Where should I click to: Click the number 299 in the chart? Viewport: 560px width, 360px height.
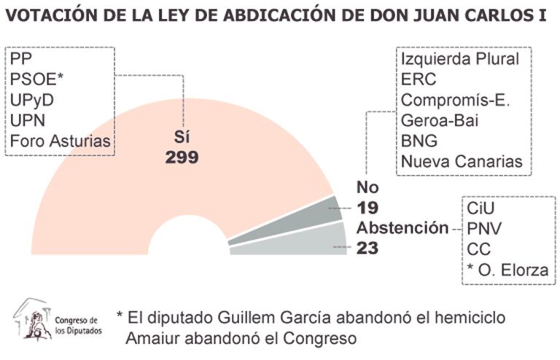[x=182, y=157]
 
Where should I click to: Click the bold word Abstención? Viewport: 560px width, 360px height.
[x=402, y=227]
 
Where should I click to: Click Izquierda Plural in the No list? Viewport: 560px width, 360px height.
[x=460, y=59]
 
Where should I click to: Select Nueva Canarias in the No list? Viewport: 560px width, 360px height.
[x=462, y=161]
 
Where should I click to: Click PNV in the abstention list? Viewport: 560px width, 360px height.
[x=484, y=229]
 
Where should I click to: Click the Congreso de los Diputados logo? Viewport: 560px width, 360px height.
[x=58, y=320]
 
